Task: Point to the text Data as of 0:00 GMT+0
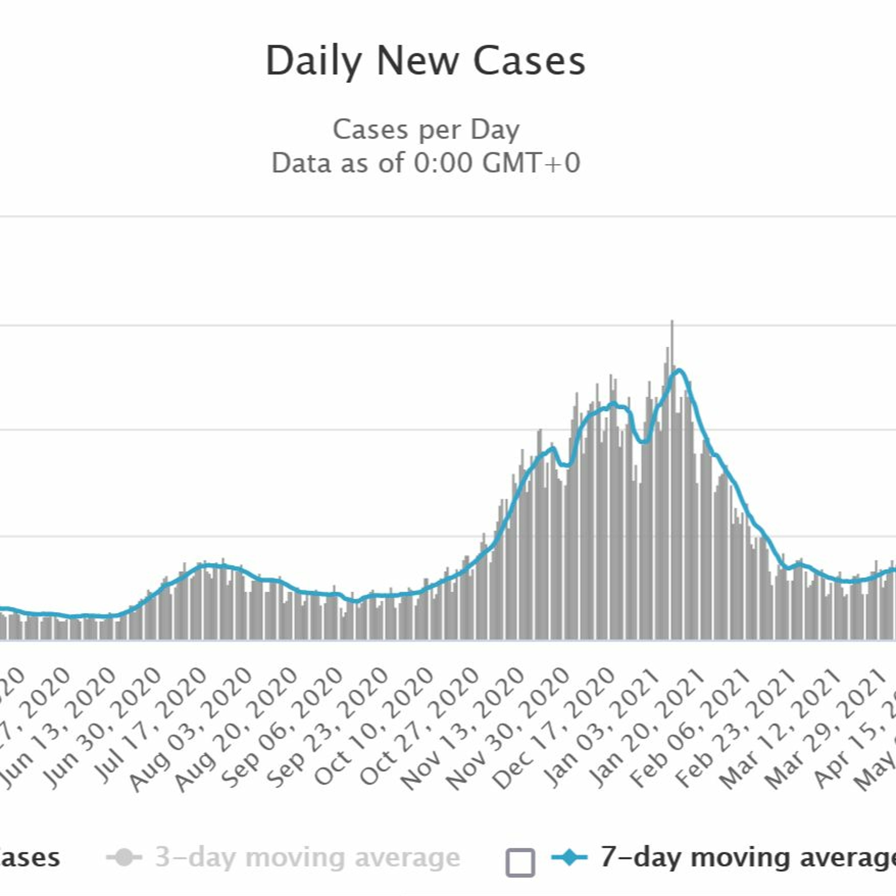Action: tap(426, 163)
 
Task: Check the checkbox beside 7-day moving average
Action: tap(520, 863)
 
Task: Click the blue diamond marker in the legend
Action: tap(570, 857)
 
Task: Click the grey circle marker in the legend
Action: tap(124, 857)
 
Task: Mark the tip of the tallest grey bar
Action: tap(672, 321)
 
